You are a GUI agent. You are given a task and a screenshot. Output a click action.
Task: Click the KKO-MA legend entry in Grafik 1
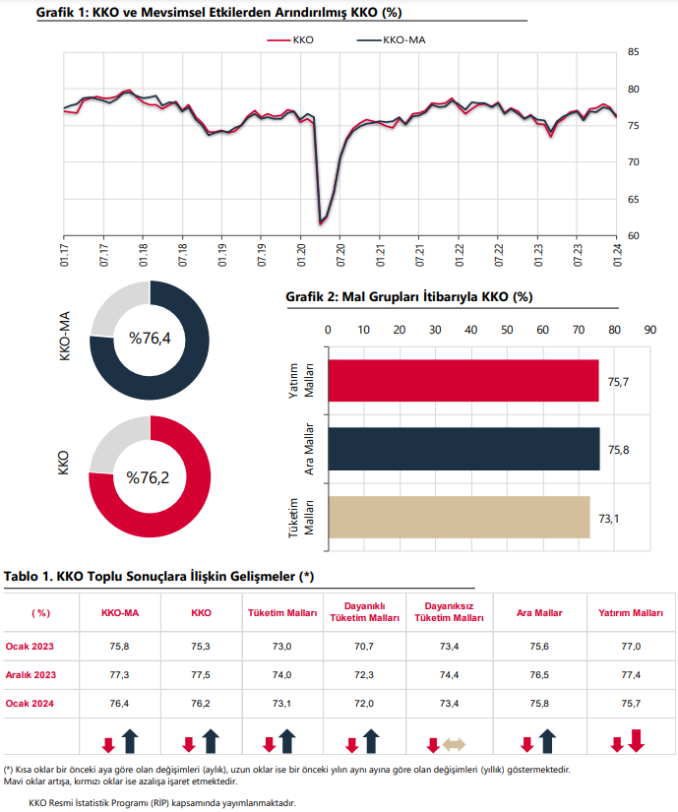pyautogui.click(x=392, y=40)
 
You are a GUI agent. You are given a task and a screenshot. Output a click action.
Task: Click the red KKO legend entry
pyautogui.click(x=290, y=40)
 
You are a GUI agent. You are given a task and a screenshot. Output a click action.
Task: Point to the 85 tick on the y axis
pyautogui.click(x=634, y=52)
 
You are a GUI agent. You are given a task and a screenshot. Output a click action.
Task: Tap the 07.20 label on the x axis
pyautogui.click(x=340, y=255)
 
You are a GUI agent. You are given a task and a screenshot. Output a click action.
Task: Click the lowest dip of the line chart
pyautogui.click(x=320, y=223)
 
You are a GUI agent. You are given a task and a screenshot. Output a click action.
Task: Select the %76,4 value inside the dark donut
pyautogui.click(x=150, y=339)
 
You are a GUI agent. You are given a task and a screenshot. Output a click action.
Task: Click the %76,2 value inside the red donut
pyautogui.click(x=148, y=477)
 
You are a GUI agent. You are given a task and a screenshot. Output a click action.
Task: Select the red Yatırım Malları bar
pyautogui.click(x=463, y=381)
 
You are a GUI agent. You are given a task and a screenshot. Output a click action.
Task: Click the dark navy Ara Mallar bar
pyautogui.click(x=463, y=449)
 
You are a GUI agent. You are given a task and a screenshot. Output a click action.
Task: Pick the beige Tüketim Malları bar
pyautogui.click(x=460, y=518)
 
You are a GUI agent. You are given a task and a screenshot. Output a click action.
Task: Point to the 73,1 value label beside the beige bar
pyautogui.click(x=609, y=519)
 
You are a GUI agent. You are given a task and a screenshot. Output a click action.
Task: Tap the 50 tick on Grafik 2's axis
pyautogui.click(x=507, y=330)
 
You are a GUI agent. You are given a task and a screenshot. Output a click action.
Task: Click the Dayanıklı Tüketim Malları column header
pyautogui.click(x=364, y=612)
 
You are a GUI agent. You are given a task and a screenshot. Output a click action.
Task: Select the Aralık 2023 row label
pyautogui.click(x=31, y=675)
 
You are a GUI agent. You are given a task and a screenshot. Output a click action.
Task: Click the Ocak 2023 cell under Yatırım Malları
pyautogui.click(x=631, y=647)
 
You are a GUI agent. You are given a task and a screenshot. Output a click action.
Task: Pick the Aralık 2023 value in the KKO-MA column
pyautogui.click(x=119, y=675)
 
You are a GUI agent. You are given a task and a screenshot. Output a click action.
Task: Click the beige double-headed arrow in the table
pyautogui.click(x=454, y=745)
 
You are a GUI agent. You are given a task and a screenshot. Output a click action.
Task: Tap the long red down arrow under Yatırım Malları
pyautogui.click(x=637, y=740)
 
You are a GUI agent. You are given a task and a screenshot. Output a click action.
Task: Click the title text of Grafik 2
pyautogui.click(x=409, y=296)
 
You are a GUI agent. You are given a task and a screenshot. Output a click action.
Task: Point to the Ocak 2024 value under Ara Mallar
pyautogui.click(x=539, y=704)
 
